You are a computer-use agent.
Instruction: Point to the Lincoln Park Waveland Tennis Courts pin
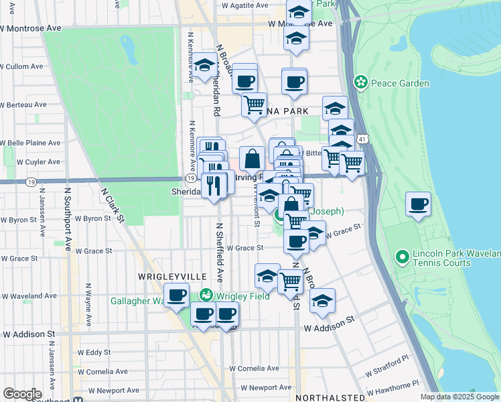tap(402, 256)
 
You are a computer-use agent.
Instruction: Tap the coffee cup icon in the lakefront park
tap(419, 204)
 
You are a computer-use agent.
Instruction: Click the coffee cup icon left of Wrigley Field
tap(177, 295)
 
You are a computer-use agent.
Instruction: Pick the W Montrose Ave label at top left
tap(31, 29)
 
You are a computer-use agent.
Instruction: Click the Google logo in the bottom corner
tap(22, 394)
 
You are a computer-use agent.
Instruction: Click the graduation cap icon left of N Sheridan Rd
tap(204, 67)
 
